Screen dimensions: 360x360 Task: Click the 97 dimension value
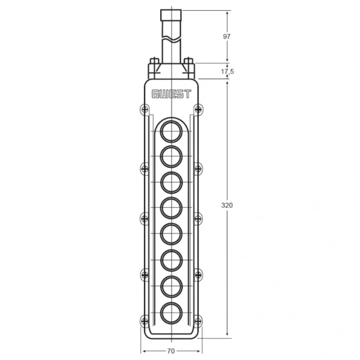point(227,37)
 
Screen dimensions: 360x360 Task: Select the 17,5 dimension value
point(227,71)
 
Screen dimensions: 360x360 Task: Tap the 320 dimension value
point(227,205)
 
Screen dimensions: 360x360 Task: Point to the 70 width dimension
point(171,351)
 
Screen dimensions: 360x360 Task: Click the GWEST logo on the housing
point(171,94)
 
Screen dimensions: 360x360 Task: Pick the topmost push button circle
point(171,131)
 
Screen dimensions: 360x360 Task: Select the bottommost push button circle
point(171,313)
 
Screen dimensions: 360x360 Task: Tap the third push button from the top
point(171,182)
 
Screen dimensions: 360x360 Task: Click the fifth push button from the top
point(171,234)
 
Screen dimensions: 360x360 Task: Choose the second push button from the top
point(171,157)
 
